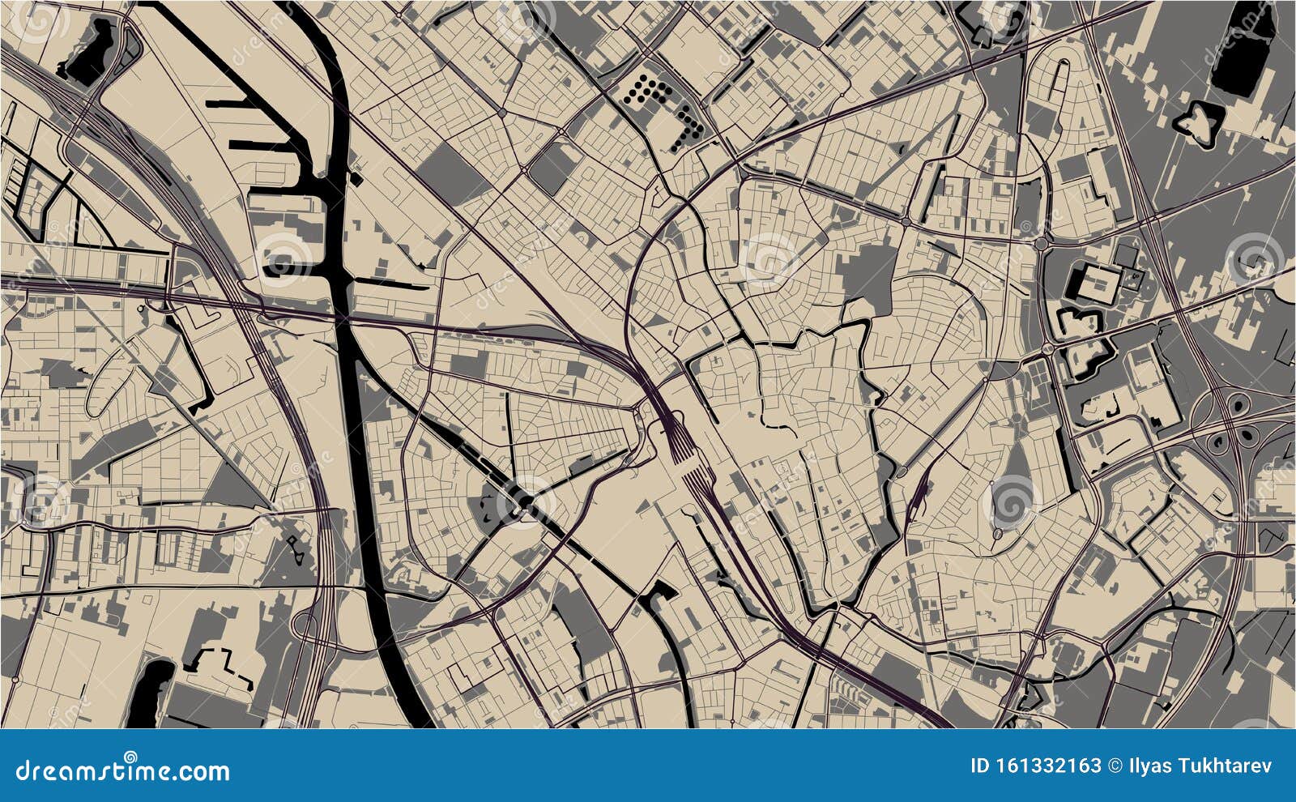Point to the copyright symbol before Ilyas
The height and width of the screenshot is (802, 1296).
coord(1114,766)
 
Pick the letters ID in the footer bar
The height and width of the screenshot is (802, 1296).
coord(981,766)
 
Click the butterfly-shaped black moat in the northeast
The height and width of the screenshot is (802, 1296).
coord(1197,122)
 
